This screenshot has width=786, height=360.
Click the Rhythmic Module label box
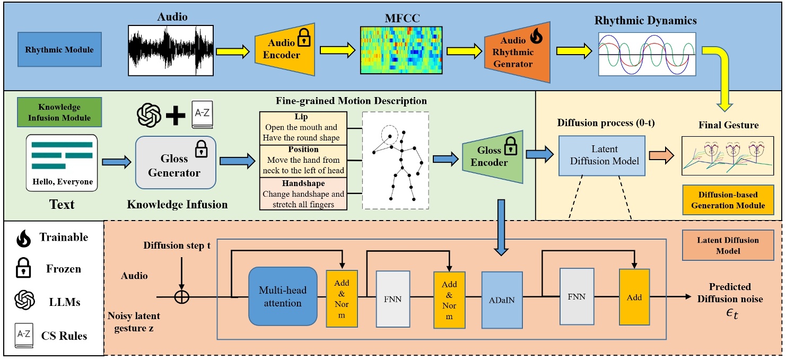pyautogui.click(x=59, y=50)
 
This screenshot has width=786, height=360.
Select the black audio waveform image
pyautogui.click(x=171, y=50)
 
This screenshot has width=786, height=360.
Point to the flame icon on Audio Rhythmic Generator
pyautogui.click(x=535, y=39)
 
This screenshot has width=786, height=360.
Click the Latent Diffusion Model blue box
pyautogui.click(x=601, y=155)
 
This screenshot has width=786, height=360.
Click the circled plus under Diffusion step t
pyautogui.click(x=182, y=297)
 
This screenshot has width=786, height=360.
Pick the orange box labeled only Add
pyautogui.click(x=634, y=297)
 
